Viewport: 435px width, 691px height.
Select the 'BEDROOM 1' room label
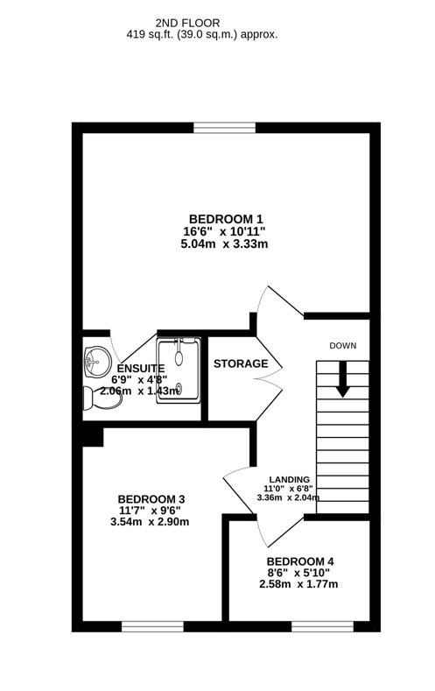tap(226, 218)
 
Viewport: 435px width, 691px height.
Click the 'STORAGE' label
tap(240, 363)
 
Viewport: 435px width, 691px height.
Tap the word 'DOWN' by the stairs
tap(343, 345)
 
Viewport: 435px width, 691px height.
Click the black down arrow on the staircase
tap(343, 377)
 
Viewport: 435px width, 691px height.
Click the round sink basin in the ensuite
tap(96, 359)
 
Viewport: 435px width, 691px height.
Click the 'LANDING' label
tap(289, 478)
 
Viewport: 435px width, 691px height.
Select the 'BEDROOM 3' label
tap(151, 499)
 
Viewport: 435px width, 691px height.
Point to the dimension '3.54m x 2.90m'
tap(151, 523)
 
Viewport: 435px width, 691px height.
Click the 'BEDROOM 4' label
tap(300, 561)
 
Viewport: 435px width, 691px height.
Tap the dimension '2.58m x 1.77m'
tap(300, 584)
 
